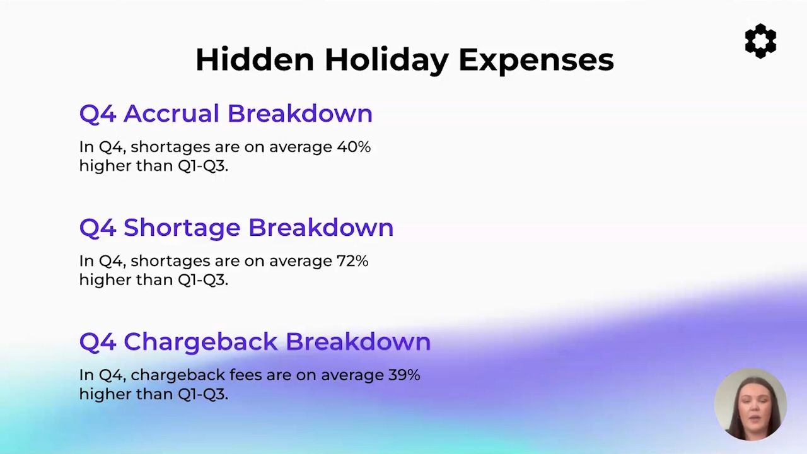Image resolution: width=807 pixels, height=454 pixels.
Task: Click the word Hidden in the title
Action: pos(255,59)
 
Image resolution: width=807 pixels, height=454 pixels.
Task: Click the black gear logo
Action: pos(760,41)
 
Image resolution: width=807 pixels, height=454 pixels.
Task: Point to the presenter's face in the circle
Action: pos(753,410)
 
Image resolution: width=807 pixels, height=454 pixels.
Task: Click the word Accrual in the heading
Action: pos(171,113)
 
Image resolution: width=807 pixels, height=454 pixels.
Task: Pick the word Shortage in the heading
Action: pos(182,229)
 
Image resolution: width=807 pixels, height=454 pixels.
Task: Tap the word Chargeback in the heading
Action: pos(200,342)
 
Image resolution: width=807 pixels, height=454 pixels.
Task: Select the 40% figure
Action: pos(354,147)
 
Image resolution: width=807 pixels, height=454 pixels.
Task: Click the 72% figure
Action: pos(352,260)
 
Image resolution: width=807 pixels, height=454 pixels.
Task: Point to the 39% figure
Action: pos(404,375)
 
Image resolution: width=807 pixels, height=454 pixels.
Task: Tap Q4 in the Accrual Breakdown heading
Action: pos(98,114)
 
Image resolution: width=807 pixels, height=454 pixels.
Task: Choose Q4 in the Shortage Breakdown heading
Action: pos(98,228)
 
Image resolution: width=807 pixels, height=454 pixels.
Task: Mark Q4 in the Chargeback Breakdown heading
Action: pos(98,342)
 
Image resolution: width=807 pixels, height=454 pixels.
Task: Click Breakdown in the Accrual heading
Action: pos(299,113)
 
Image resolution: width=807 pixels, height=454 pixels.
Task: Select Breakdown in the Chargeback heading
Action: pos(358,341)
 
